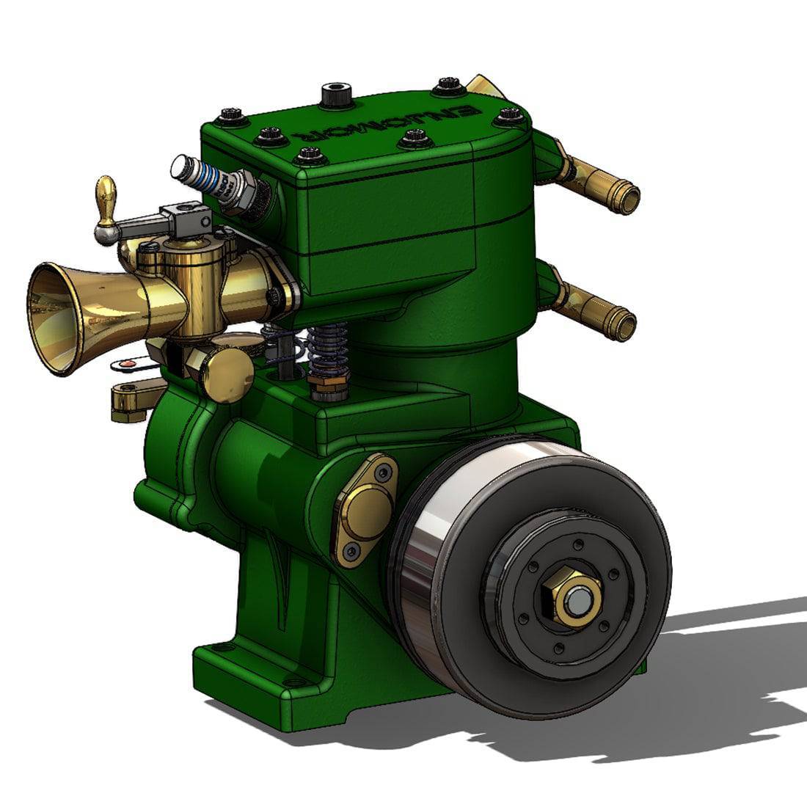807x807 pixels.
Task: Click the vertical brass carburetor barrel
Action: point(194,286)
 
